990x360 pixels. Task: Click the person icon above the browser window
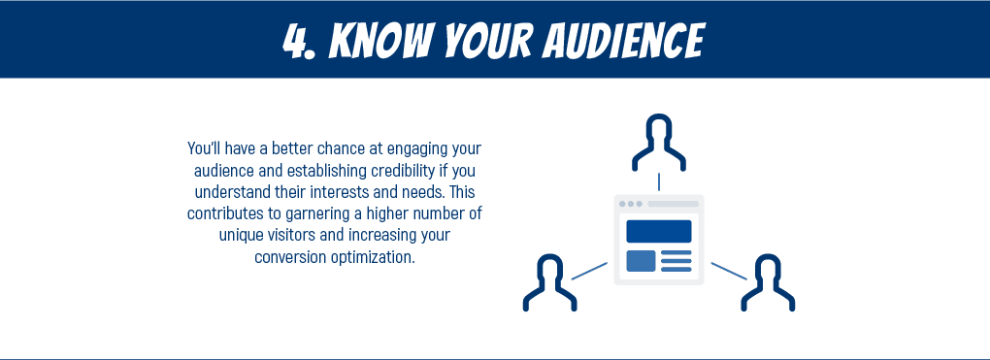pyautogui.click(x=659, y=142)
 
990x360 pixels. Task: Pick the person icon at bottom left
pyautogui.click(x=549, y=282)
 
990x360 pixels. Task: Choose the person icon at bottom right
pyautogui.click(x=768, y=282)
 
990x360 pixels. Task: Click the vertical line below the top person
pyautogui.click(x=659, y=181)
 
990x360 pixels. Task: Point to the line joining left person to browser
pyautogui.click(x=589, y=271)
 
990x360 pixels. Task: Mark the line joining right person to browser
pyautogui.click(x=729, y=271)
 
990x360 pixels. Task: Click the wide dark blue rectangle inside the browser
pyautogui.click(x=659, y=231)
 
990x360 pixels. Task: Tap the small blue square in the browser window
pyautogui.click(x=641, y=261)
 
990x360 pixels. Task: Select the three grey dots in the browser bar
pyautogui.click(x=630, y=204)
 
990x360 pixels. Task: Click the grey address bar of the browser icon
pyautogui.click(x=674, y=204)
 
